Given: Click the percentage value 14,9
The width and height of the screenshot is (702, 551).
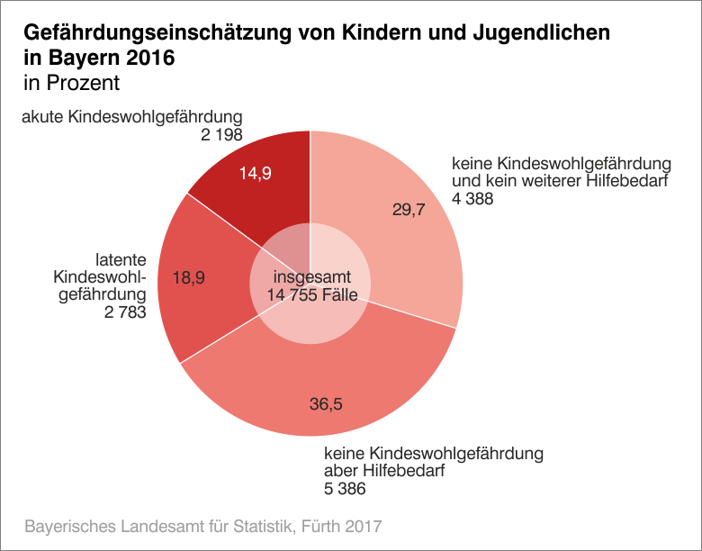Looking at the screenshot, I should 255,174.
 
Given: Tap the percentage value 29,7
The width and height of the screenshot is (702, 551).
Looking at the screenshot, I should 409,210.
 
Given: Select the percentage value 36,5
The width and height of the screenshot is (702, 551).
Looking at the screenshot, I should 326,404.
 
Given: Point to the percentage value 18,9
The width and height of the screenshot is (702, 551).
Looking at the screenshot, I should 189,278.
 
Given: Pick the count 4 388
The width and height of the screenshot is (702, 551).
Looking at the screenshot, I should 472,199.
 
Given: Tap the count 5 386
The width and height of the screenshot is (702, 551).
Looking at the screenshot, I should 345,489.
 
